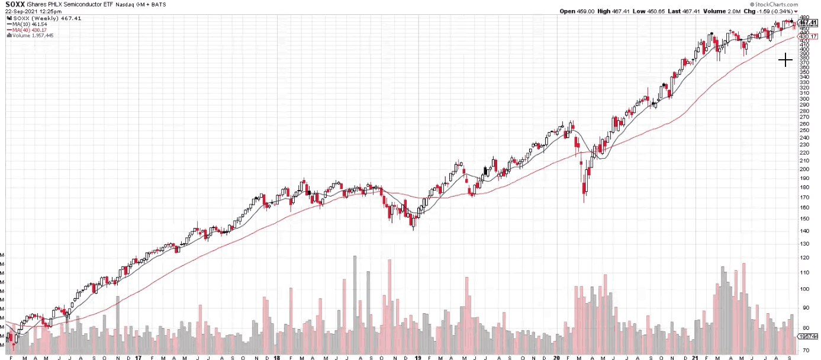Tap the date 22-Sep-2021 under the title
21,11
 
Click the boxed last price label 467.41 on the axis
808,22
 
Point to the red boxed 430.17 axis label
808,36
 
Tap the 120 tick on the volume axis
804,258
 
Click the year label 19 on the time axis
418,358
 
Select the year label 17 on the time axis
138,358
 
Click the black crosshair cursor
785,60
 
